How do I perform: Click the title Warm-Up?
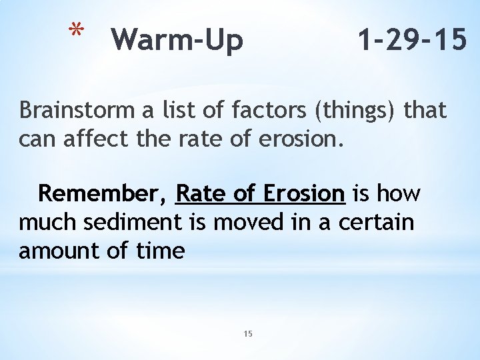click(x=177, y=40)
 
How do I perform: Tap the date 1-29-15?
click(x=411, y=40)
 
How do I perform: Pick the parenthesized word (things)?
click(x=360, y=111)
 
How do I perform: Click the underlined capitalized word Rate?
click(x=201, y=194)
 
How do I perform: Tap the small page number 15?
click(x=248, y=333)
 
